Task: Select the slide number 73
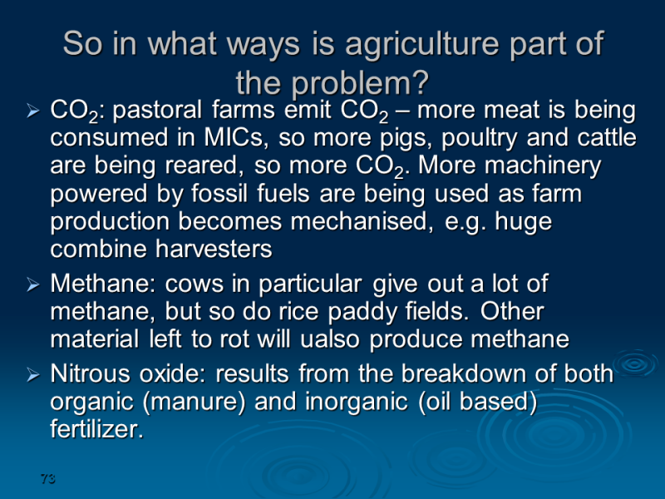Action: point(48,479)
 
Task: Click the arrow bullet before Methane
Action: point(32,284)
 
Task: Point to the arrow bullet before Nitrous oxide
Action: point(32,375)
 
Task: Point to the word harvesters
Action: point(214,249)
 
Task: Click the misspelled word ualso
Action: point(330,339)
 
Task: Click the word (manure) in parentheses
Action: point(195,403)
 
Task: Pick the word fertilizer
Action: point(96,429)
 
